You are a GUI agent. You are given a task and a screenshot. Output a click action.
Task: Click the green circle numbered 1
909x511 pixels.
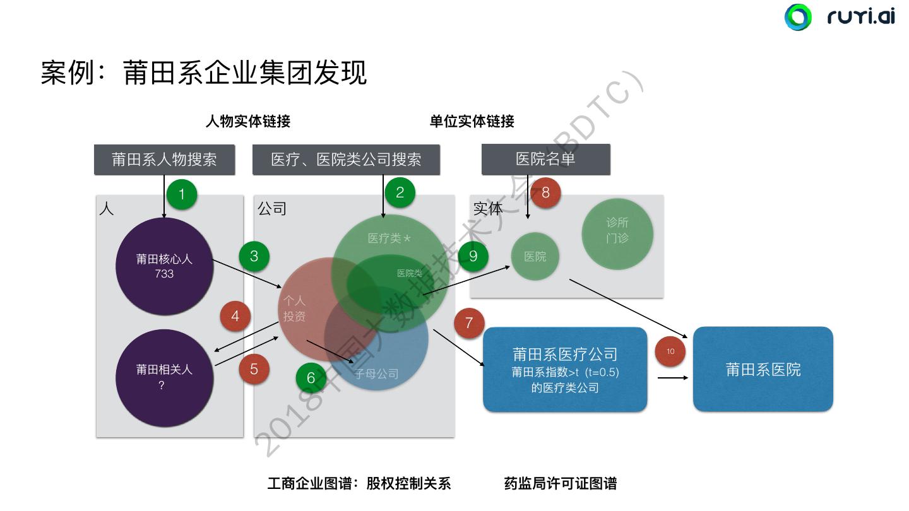(182, 194)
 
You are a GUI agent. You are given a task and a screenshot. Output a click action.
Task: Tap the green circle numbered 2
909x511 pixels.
(400, 192)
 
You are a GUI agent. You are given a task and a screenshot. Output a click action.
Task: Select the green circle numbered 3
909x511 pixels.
(254, 256)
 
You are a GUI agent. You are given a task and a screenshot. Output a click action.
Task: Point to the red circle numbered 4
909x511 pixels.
(235, 315)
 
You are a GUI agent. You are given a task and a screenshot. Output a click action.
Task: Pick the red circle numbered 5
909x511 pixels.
(254, 369)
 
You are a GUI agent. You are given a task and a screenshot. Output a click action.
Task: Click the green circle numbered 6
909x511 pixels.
(311, 378)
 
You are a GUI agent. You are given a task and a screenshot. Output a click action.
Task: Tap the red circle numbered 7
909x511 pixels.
(469, 323)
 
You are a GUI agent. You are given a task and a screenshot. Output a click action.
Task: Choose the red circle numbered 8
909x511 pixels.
(545, 192)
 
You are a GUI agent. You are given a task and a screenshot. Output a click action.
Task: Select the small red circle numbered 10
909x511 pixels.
(670, 351)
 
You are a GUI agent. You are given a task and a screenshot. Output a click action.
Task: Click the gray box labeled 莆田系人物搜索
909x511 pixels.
(164, 160)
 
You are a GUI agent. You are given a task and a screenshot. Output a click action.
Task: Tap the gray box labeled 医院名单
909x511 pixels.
(545, 160)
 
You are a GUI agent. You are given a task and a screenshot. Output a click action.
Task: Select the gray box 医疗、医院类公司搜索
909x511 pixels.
(346, 160)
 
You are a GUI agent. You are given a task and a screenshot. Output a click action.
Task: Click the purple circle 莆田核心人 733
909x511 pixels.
(164, 266)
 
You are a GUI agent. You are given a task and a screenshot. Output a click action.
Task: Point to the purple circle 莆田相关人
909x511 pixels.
(164, 377)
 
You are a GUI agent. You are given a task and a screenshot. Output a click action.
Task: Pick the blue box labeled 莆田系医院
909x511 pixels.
(763, 369)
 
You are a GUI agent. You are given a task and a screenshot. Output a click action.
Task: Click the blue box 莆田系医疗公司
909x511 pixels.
(565, 370)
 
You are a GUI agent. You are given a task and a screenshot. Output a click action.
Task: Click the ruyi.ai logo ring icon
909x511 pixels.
(798, 17)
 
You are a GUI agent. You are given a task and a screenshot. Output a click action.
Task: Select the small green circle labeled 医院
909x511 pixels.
(535, 257)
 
